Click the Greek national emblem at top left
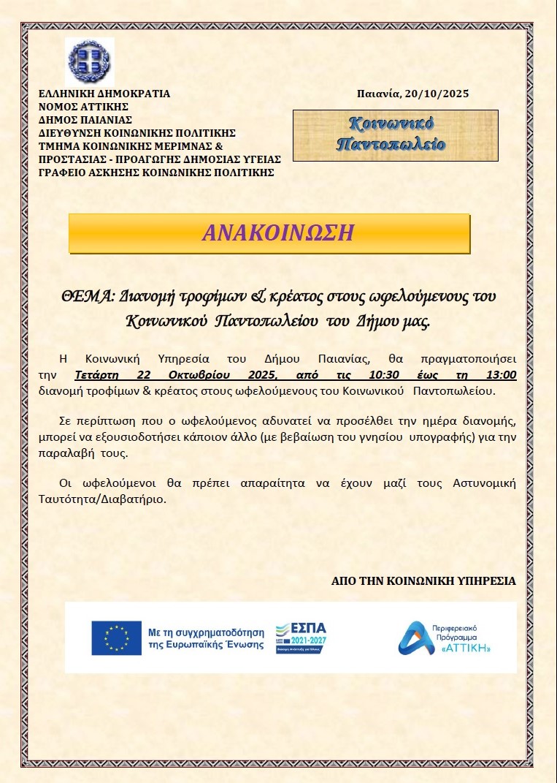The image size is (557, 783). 90,60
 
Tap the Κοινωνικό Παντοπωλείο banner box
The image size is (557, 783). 395,135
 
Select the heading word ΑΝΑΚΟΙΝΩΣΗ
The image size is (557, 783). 278,232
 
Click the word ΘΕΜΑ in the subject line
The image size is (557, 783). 85,296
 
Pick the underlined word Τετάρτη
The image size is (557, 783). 99,375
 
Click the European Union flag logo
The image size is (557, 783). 116,638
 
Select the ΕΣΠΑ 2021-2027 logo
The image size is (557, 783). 301,638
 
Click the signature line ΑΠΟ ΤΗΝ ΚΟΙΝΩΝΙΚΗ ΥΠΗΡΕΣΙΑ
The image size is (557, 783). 423,580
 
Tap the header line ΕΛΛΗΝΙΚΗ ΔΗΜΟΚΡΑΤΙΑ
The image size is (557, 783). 104,94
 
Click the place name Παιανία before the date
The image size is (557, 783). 379,94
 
